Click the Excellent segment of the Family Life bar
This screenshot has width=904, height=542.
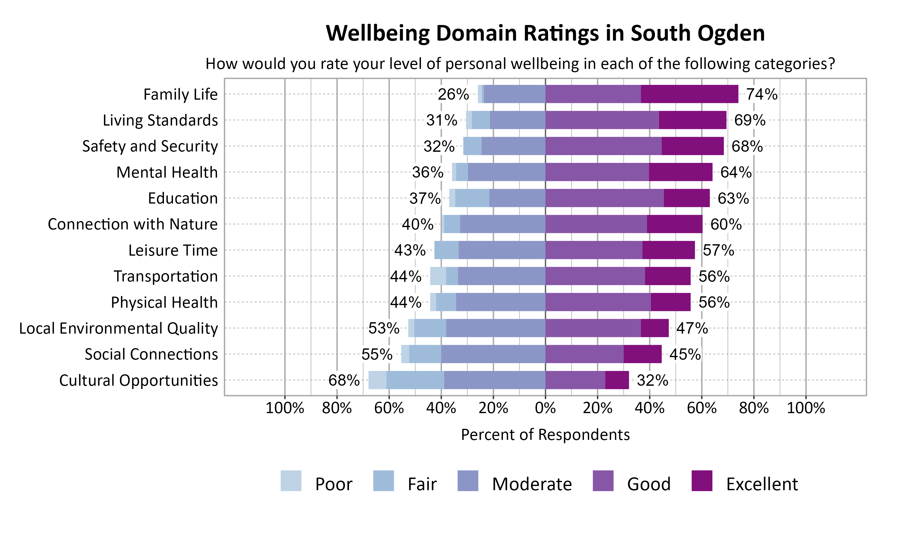coord(689,94)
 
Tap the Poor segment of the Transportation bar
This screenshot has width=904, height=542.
coord(438,276)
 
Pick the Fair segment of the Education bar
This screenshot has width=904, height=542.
coord(472,198)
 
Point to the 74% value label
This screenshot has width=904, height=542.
coord(761,94)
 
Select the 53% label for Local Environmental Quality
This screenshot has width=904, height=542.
coord(384,328)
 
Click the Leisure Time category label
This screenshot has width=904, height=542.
coord(173,251)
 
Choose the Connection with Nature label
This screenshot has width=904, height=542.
coord(133,224)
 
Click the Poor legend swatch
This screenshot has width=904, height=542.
coord(291,481)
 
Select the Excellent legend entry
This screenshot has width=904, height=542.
coord(761,484)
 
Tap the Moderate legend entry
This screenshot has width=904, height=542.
coord(532,484)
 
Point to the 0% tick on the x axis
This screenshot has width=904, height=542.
coord(545,408)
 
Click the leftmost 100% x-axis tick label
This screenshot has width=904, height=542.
coord(285,408)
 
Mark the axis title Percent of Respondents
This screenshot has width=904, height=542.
coord(545,435)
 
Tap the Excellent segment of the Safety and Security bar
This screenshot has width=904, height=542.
coord(692,146)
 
